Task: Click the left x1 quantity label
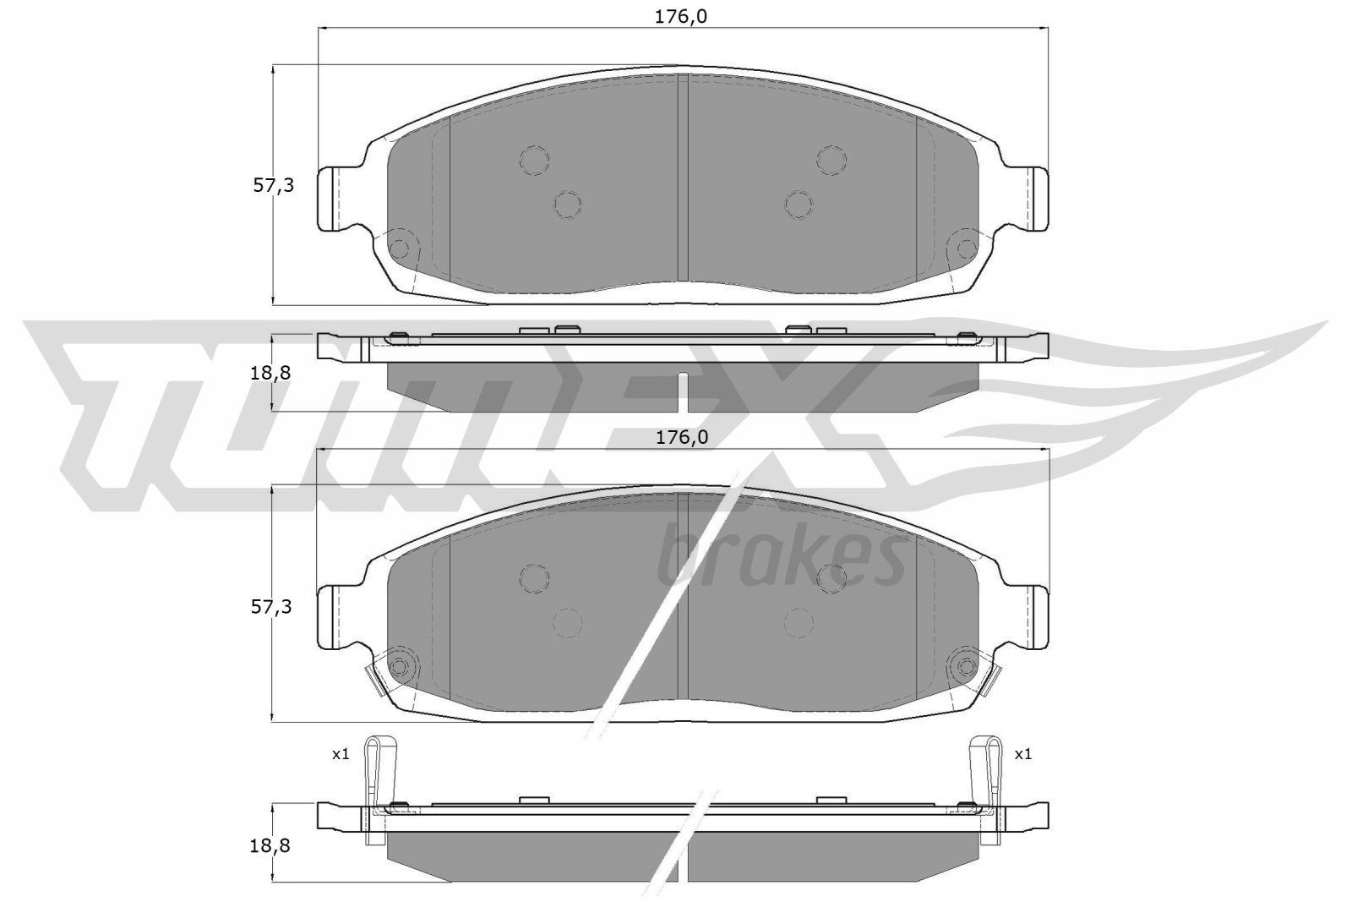pyautogui.click(x=341, y=754)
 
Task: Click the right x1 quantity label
pyautogui.click(x=1023, y=754)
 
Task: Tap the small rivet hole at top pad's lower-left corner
pyautogui.click(x=401, y=249)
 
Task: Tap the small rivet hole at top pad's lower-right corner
pyautogui.click(x=963, y=249)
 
